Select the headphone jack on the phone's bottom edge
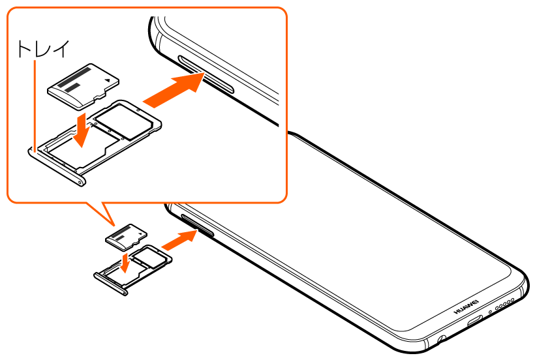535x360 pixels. coord(443,339)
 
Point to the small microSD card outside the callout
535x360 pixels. coord(128,237)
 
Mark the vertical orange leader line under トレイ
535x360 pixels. coord(33,104)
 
